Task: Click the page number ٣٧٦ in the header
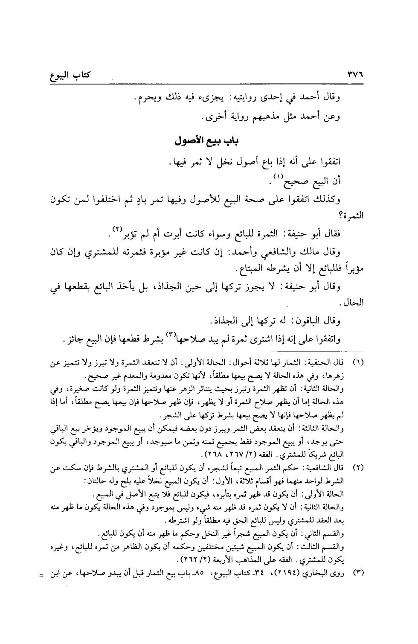point(353,77)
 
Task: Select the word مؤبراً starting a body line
point(352,270)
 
